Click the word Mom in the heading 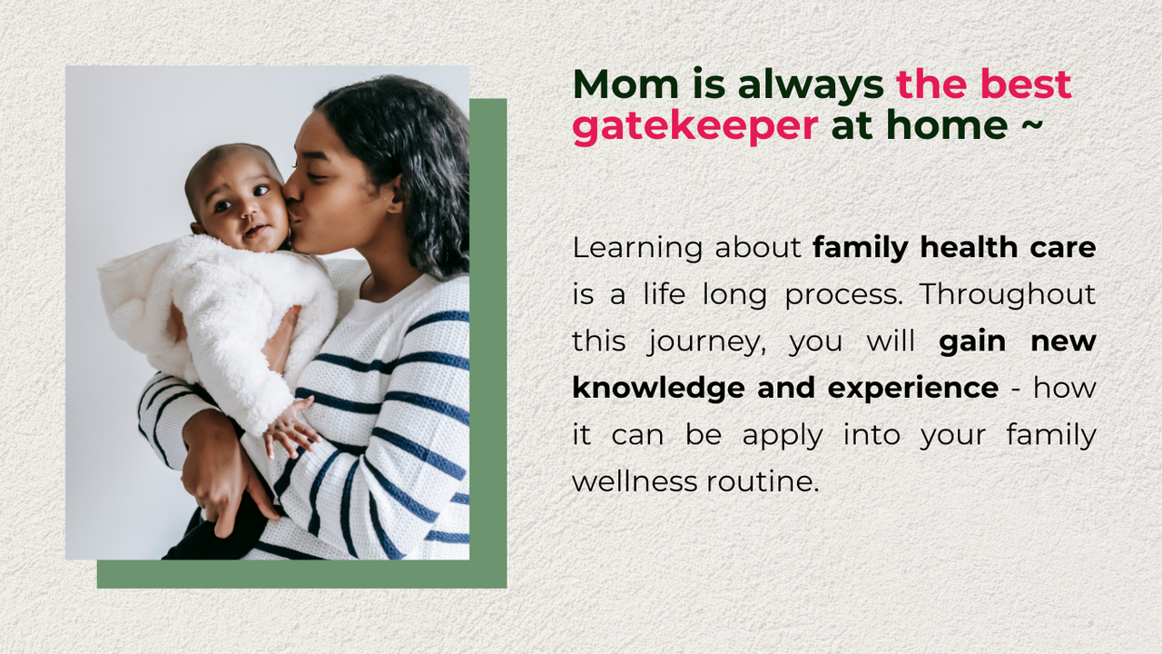click(x=625, y=84)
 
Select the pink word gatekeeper click(x=695, y=127)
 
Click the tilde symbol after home click(x=1032, y=125)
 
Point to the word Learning click(x=637, y=249)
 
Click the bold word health click(x=969, y=247)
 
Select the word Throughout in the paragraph click(x=1008, y=295)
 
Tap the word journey click(x=706, y=342)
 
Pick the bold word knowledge click(x=658, y=389)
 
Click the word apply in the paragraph click(x=783, y=436)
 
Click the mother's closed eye click(x=317, y=177)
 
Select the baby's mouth click(x=255, y=230)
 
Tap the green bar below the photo click(x=302, y=574)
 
